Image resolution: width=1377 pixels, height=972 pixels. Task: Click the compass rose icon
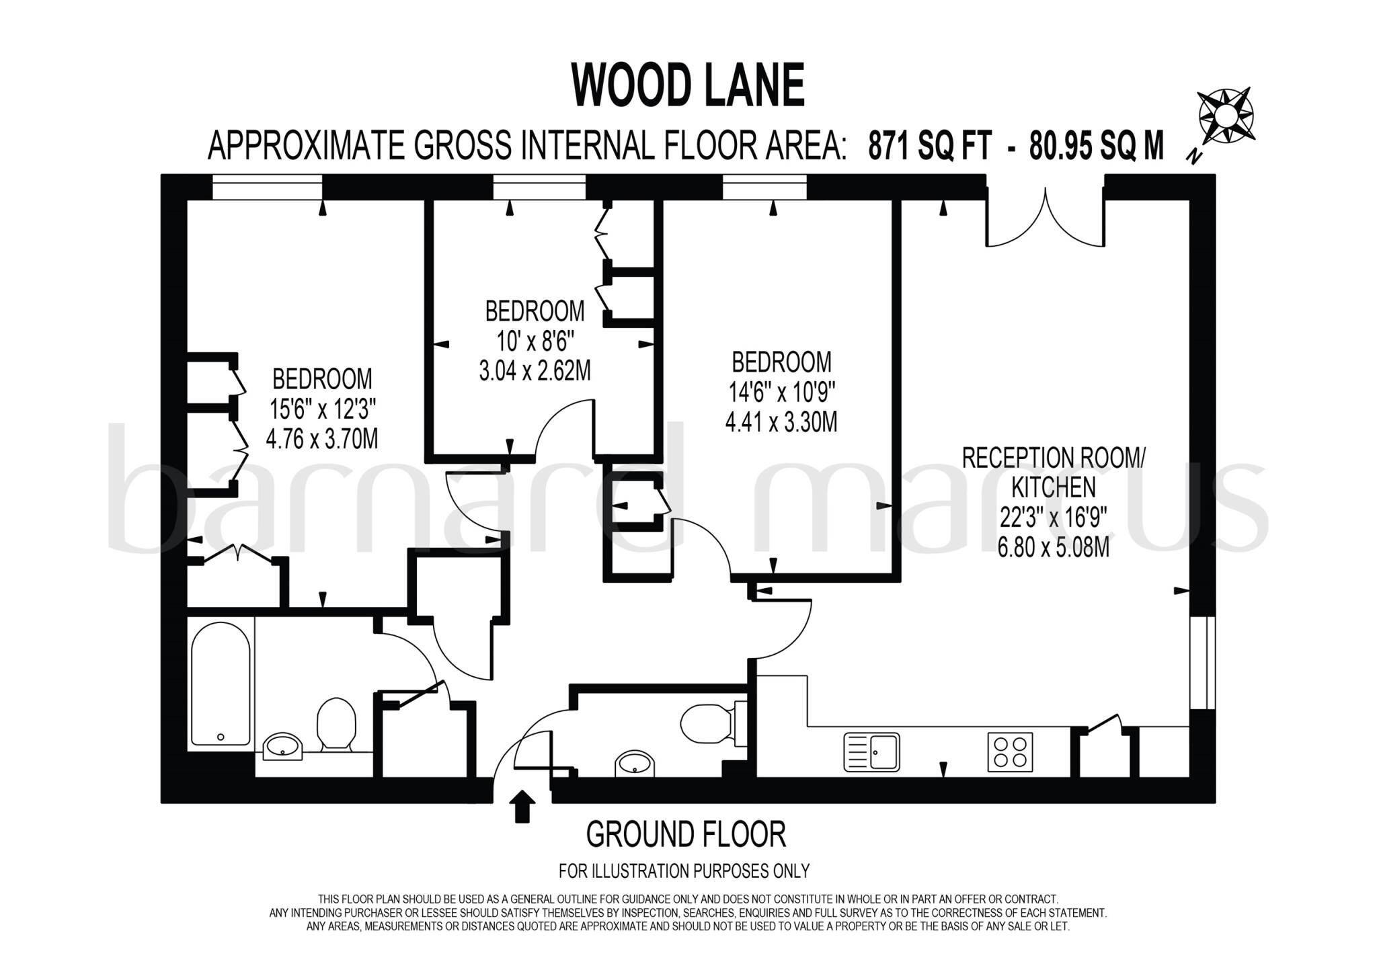1226,116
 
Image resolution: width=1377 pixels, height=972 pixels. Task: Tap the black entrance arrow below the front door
522,806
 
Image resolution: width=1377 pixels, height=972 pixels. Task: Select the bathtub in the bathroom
221,683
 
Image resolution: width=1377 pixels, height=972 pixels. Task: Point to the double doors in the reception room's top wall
1045,218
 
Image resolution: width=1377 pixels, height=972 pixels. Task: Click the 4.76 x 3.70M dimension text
321,440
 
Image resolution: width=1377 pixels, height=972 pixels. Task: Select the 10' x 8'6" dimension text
535,341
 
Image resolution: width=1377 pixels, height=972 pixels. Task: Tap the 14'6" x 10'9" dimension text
781,393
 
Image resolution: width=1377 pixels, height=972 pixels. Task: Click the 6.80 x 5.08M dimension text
1053,548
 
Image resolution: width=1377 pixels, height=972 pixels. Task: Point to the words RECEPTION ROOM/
1053,458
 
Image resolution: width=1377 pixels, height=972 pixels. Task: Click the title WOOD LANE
687,86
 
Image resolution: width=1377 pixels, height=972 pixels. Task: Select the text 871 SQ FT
930,146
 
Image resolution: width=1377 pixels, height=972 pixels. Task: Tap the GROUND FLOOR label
686,835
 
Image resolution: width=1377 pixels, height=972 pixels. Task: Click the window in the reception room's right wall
1202,662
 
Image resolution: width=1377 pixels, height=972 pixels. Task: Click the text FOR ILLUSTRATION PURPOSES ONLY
684,871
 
